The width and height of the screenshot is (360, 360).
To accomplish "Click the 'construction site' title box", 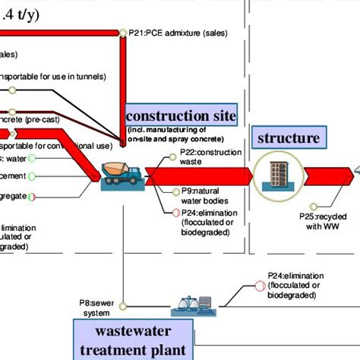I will point(181,116).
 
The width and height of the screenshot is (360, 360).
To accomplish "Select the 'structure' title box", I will point(288,138).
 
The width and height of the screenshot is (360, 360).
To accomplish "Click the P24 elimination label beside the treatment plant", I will point(295,285).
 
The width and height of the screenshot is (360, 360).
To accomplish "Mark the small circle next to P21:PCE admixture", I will point(122,33).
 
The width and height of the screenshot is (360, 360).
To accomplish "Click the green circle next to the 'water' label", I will point(32,159).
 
